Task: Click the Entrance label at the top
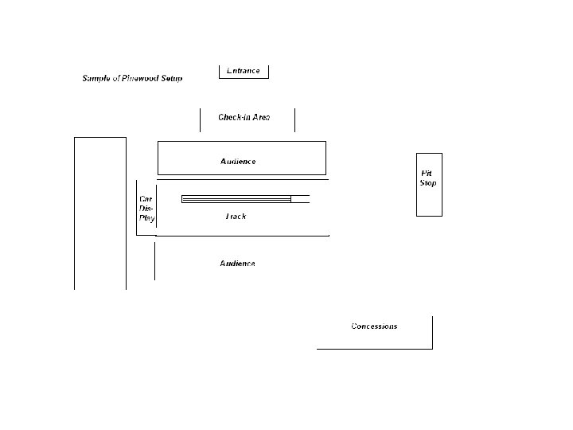[x=244, y=71]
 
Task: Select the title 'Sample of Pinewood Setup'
[x=132, y=78]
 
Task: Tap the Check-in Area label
[x=244, y=117]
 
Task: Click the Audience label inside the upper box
[x=238, y=162]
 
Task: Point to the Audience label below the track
[x=237, y=264]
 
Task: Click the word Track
[x=236, y=217]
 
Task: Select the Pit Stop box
[x=429, y=184]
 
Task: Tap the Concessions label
[x=374, y=326]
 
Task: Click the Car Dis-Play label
[x=146, y=209]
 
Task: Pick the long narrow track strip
[x=236, y=199]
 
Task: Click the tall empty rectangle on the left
[x=100, y=213]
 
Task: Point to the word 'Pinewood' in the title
[x=142, y=78]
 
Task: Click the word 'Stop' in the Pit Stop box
[x=428, y=183]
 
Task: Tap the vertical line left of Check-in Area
[x=200, y=119]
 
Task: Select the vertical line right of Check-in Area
[x=294, y=119]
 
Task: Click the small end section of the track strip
[x=300, y=199]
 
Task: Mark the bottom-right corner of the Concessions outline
[x=432, y=348]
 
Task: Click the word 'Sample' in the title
[x=96, y=78]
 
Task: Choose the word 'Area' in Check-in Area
[x=261, y=117]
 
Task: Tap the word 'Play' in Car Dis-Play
[x=147, y=218]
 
